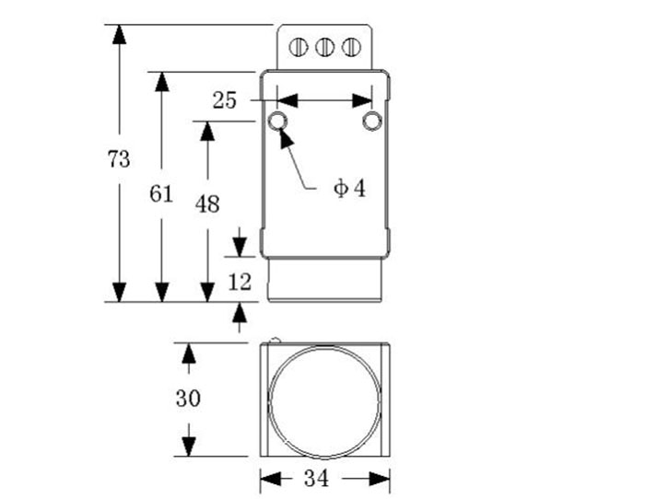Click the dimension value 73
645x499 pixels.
tap(118, 158)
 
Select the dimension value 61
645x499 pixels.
tap(161, 193)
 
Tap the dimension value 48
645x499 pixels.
tap(207, 203)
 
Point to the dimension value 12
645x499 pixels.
tap(240, 283)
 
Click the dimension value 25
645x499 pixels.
tap(225, 100)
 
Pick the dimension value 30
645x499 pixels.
tap(188, 399)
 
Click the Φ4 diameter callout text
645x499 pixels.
tap(349, 189)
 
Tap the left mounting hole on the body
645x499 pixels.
tap(278, 121)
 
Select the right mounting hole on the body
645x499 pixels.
tap(371, 121)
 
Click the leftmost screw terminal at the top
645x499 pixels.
tap(299, 46)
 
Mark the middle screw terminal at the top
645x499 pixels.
tap(324, 46)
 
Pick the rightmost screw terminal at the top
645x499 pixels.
tap(350, 46)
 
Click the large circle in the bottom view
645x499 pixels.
tap(323, 400)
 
